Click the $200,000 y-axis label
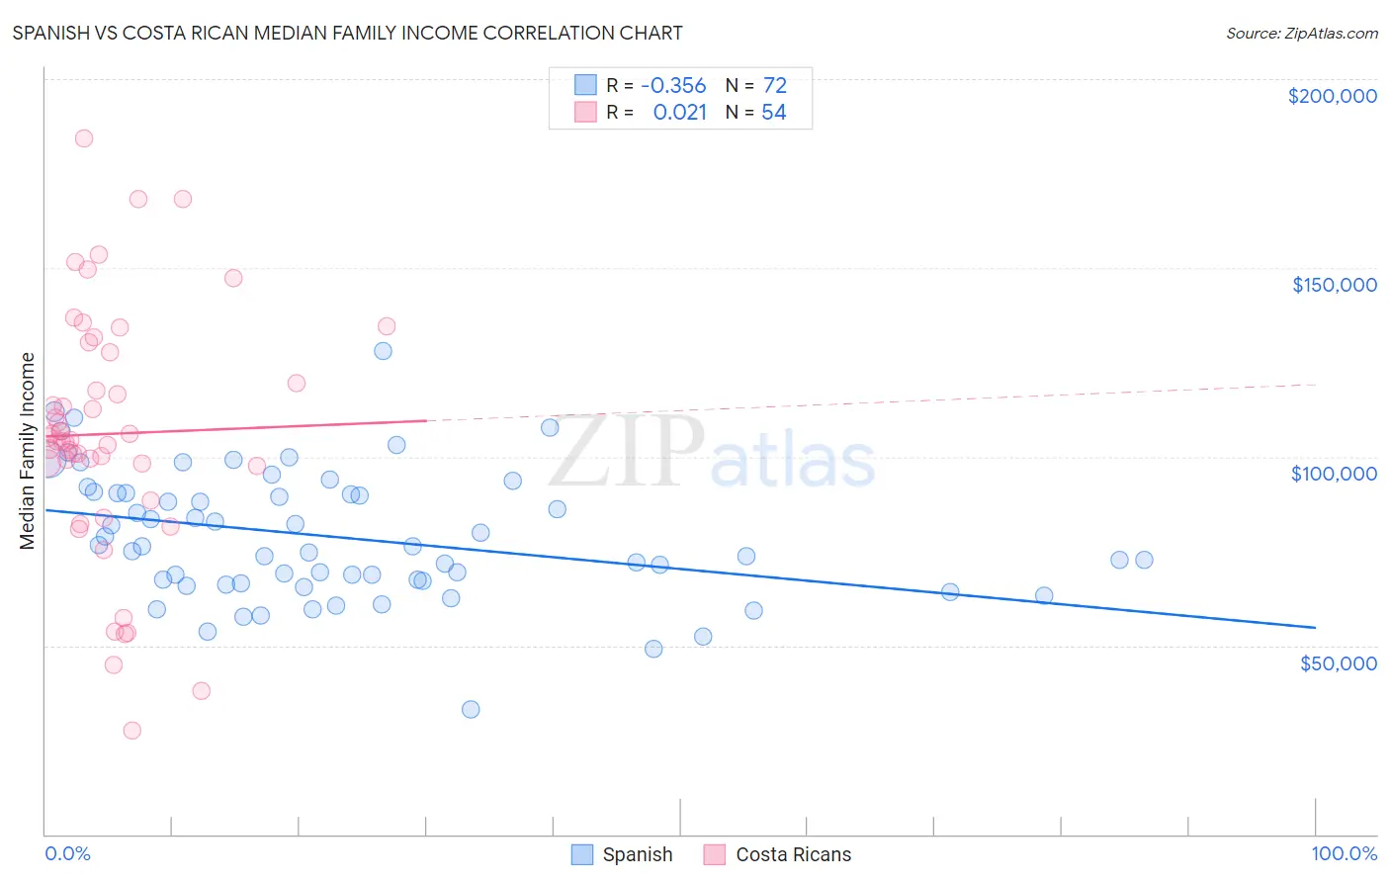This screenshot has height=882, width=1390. pos(1332,96)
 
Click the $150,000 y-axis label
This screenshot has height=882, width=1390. pos(1334,285)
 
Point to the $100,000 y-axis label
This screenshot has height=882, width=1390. pos(1334,474)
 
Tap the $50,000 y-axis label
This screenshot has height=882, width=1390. pos(1338,663)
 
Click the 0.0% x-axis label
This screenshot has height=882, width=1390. pos(67,853)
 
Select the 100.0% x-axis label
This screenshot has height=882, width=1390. pos(1344,853)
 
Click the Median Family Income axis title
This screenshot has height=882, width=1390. pos(28,450)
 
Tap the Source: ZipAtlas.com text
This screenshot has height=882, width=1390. pos(1301,33)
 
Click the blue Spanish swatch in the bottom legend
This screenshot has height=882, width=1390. pos(582,854)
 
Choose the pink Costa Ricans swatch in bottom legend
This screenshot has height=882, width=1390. pos(715,854)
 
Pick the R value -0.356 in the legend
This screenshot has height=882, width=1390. pos(673,86)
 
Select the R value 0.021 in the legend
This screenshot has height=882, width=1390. pos(680,113)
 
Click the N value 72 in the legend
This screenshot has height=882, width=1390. pos(774,86)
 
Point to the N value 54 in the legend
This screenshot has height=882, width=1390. pos(773,113)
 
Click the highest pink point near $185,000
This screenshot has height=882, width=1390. pos(84,138)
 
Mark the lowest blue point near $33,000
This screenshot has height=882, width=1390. pos(471,709)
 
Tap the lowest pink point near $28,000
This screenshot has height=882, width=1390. pos(131,730)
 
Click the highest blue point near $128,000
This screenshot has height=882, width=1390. pos(383,351)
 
